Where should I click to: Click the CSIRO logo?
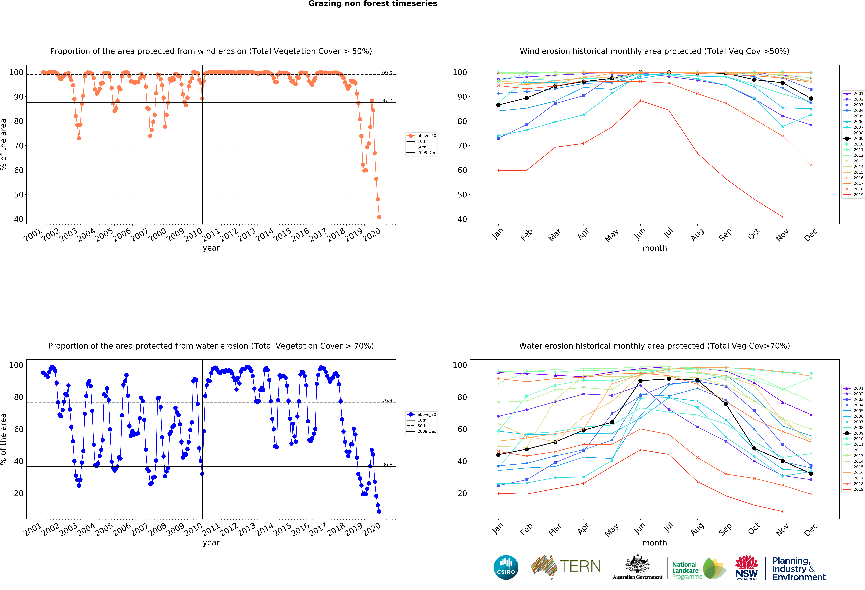coord(506,567)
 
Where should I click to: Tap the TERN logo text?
coord(580,567)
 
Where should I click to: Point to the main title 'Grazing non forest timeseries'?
coord(373,4)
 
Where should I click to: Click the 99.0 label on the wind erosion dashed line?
coord(387,73)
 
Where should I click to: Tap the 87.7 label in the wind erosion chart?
coord(387,101)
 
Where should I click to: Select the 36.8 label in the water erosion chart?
coord(387,464)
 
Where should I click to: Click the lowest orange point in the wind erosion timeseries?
coord(379,217)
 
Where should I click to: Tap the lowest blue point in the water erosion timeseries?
coord(379,511)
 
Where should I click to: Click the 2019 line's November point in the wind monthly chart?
coord(782,217)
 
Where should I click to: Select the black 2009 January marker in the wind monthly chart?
coord(498,105)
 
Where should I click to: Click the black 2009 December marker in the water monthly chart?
coord(811,473)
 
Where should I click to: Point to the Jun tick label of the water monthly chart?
coord(639,528)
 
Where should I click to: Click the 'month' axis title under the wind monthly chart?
coord(654,248)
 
